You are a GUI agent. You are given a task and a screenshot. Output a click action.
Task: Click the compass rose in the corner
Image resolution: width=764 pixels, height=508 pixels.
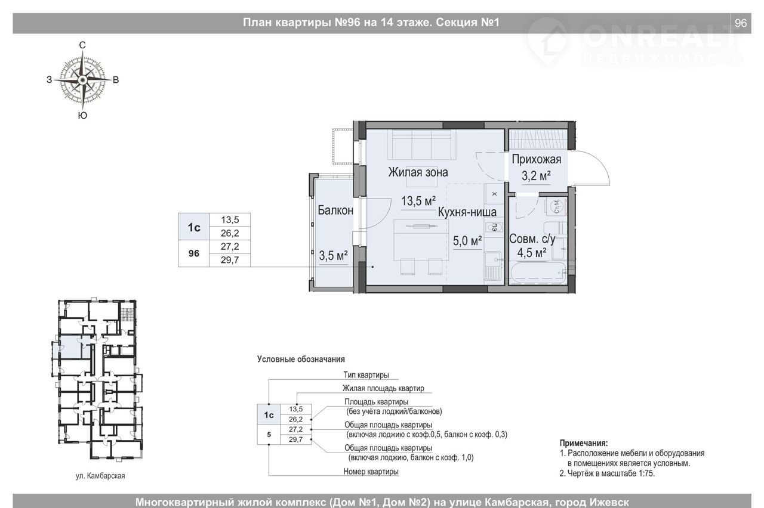click(82, 80)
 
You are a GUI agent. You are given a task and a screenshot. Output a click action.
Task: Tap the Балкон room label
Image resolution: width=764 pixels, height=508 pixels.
click(335, 210)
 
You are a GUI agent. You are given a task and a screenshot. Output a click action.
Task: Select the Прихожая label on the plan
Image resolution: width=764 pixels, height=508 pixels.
click(536, 159)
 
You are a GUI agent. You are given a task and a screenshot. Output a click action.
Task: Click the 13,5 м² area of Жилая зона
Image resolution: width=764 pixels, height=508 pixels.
click(418, 201)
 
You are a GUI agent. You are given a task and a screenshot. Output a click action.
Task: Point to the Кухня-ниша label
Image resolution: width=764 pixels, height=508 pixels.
click(467, 212)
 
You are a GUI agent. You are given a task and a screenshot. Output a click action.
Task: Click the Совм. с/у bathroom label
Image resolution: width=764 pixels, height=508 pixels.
click(532, 238)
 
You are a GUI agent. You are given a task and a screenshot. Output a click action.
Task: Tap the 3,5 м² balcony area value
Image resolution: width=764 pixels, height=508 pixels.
click(333, 255)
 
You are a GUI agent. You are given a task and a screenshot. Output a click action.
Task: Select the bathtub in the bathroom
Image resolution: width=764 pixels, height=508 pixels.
click(538, 272)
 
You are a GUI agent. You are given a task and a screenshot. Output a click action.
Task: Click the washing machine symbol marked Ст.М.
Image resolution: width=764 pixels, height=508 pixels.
click(556, 206)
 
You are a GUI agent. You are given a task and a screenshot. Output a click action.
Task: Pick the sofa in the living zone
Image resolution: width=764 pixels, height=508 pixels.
click(421, 144)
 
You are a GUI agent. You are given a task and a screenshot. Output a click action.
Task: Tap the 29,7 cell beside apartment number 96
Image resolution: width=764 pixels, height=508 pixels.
click(230, 260)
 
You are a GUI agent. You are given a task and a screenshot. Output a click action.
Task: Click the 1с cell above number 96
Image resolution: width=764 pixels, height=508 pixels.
click(194, 227)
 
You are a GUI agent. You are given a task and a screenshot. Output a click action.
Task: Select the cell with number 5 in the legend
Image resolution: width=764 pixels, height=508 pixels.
click(269, 435)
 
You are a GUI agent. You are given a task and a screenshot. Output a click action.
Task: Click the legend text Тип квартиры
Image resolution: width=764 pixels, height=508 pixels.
click(366, 375)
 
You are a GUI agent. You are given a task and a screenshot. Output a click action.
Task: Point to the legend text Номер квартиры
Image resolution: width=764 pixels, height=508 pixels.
click(371, 472)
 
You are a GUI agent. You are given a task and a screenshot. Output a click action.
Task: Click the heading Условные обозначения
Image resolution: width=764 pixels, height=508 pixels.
click(301, 359)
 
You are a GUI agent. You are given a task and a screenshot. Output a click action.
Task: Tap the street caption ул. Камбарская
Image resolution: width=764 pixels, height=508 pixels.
click(100, 476)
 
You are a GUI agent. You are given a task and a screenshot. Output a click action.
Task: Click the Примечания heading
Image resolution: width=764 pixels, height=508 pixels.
click(584, 443)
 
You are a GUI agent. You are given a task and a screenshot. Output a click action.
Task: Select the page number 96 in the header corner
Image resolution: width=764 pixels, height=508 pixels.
click(741, 23)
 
